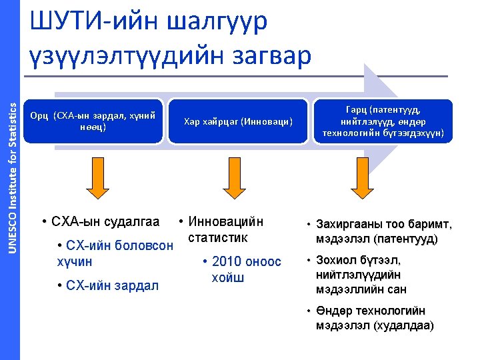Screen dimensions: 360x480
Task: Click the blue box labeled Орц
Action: tap(93, 121)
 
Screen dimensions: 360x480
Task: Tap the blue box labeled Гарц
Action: tap(387, 121)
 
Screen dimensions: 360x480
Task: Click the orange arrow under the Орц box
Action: tap(97, 181)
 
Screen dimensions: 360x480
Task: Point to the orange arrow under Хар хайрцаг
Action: tap(238, 181)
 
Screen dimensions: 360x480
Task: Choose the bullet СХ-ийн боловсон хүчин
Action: tap(115, 253)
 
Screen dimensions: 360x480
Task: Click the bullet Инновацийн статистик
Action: tap(226, 229)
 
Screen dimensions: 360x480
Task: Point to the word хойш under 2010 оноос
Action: tap(228, 277)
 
